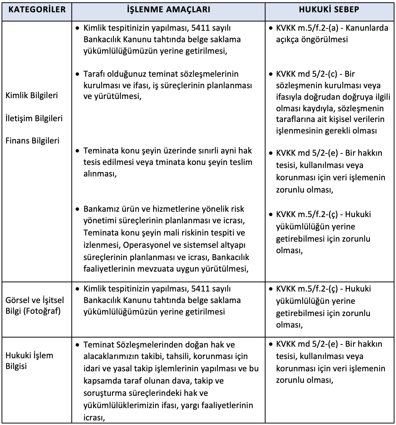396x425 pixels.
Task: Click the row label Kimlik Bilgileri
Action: point(32,96)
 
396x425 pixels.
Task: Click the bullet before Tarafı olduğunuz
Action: point(78,73)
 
